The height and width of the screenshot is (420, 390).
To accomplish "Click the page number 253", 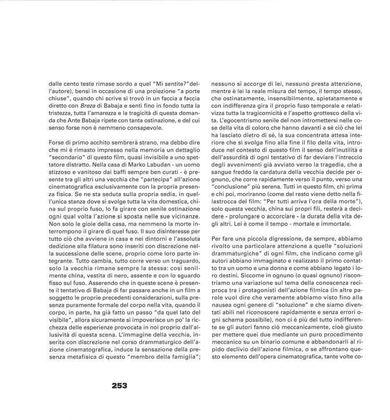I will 119,385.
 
